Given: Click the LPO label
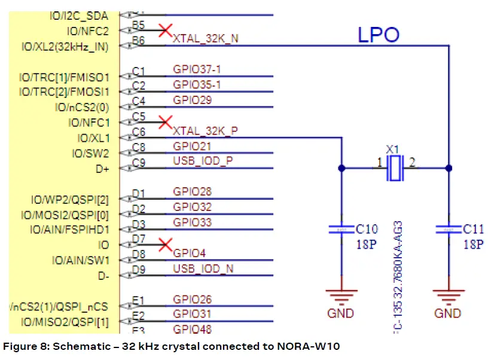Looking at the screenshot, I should [x=379, y=35].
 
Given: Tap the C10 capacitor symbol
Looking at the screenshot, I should [x=341, y=230].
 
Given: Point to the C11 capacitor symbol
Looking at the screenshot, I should [x=449, y=230].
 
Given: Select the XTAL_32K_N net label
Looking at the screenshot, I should [x=205, y=38].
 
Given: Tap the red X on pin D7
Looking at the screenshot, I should [x=166, y=244].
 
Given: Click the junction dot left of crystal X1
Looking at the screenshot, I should [x=341, y=168].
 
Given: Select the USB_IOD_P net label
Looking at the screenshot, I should [x=203, y=161].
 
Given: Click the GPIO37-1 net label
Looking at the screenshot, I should [x=197, y=69].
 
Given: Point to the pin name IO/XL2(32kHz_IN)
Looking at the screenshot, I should [x=69, y=46].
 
